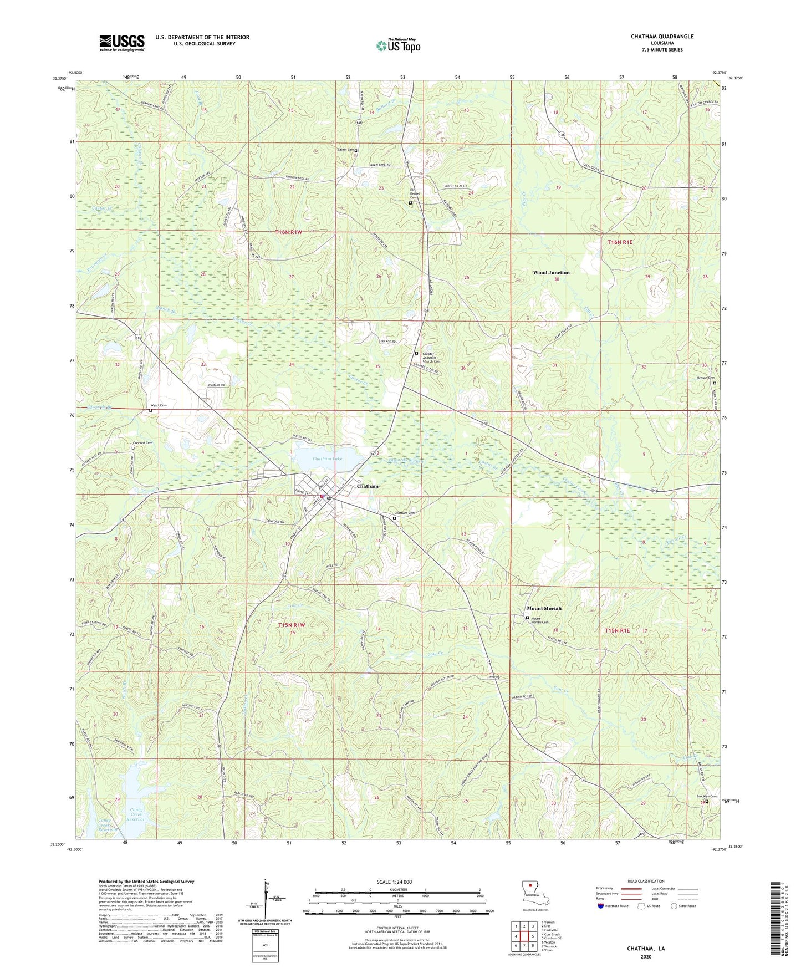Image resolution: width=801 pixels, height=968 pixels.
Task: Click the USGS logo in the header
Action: tap(122, 42)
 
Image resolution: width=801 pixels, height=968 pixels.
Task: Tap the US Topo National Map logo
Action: tap(398, 45)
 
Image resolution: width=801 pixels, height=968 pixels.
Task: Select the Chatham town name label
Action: tap(368, 486)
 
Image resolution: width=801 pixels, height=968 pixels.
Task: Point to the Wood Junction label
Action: tap(551, 273)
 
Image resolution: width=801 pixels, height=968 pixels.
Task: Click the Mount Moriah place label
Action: tap(544, 608)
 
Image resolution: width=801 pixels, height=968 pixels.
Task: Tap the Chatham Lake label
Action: tap(327, 459)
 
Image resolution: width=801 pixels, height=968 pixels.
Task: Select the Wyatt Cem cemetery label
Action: tap(159, 405)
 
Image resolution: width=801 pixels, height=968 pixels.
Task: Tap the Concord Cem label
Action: tap(142, 443)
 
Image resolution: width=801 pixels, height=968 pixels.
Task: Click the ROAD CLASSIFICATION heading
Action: tap(646, 881)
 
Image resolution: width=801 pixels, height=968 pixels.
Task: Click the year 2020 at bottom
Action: tap(645, 956)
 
